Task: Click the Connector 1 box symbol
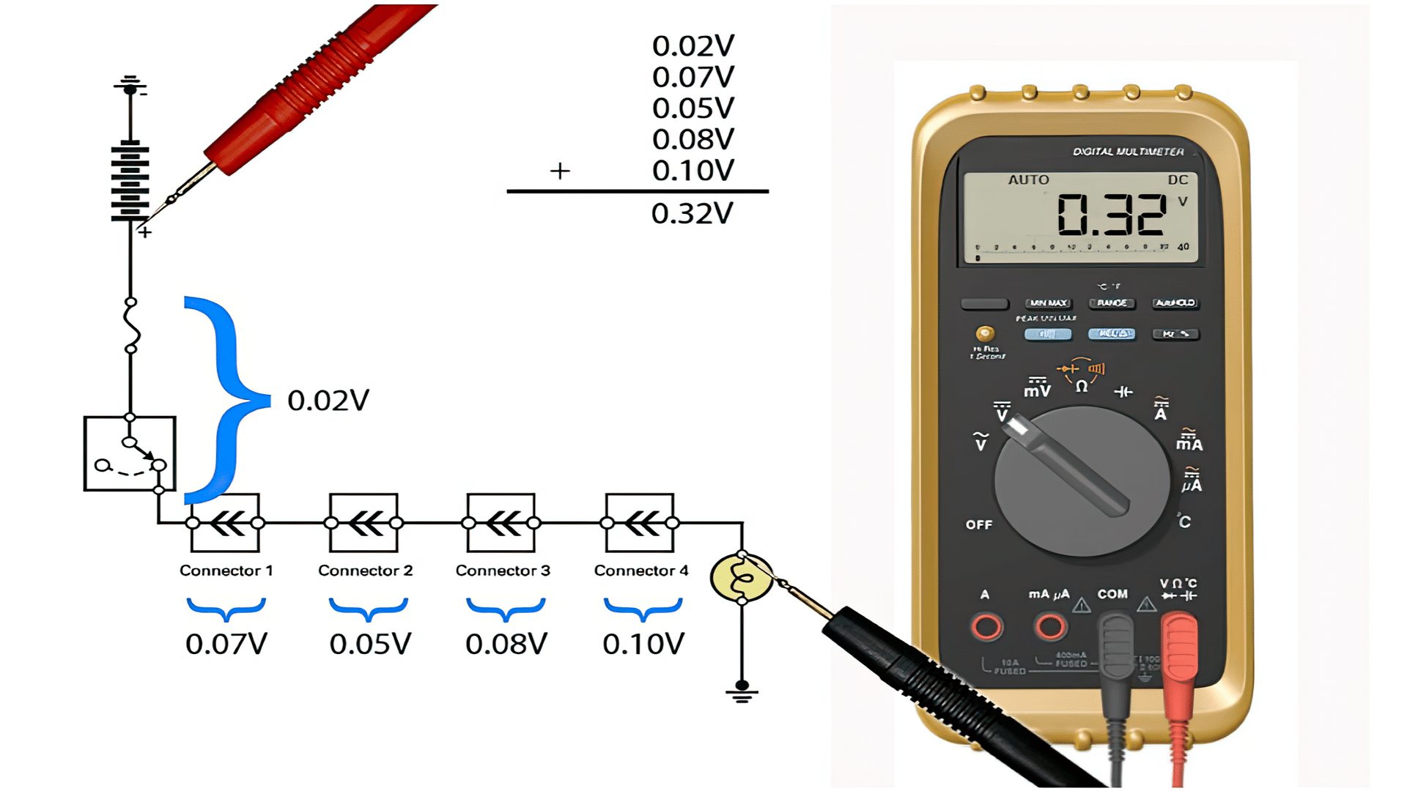click(225, 523)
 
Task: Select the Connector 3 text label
click(503, 571)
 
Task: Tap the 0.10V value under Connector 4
click(643, 645)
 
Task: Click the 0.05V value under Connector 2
click(370, 645)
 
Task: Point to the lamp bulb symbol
click(742, 578)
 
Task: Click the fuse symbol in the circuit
click(131, 326)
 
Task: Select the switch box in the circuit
click(130, 453)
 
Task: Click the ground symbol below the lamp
click(742, 691)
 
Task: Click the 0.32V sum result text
click(692, 214)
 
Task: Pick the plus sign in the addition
click(560, 171)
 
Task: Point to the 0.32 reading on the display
click(1111, 215)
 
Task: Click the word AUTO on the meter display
click(1028, 180)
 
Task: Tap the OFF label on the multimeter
click(979, 525)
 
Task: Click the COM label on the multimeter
click(1112, 594)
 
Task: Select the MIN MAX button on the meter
click(1048, 303)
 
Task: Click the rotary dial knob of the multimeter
click(1082, 481)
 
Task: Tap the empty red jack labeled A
click(986, 627)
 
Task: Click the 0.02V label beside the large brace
click(328, 401)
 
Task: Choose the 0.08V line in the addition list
click(693, 139)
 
